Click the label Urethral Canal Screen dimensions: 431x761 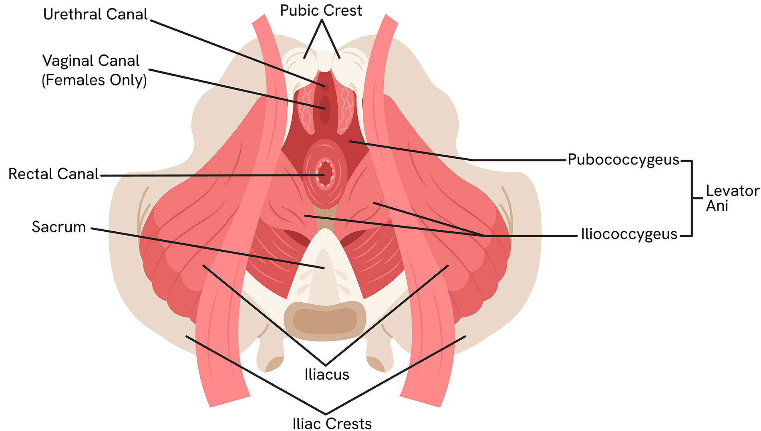(x=95, y=14)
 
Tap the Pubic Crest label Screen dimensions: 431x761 (x=321, y=11)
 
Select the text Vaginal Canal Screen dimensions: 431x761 (x=91, y=61)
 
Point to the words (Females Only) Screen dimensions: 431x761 (x=95, y=80)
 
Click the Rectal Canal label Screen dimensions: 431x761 (x=53, y=174)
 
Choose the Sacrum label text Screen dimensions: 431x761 (x=59, y=227)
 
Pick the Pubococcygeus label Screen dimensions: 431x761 (x=623, y=160)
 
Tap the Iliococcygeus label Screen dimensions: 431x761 (x=629, y=234)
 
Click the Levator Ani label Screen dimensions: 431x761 (x=732, y=198)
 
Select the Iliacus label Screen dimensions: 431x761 (x=327, y=374)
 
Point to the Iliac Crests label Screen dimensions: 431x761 (x=332, y=423)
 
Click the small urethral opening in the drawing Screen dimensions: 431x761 (x=325, y=87)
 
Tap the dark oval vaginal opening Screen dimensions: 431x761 (x=325, y=109)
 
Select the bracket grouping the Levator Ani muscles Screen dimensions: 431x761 (x=692, y=198)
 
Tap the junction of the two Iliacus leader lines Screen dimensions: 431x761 (x=326, y=364)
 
